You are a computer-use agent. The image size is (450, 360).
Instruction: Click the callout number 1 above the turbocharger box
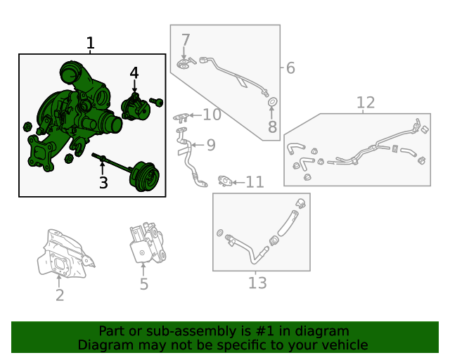(90, 43)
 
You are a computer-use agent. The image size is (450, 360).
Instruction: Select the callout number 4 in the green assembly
(134, 72)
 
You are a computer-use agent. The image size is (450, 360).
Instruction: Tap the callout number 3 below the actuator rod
(103, 183)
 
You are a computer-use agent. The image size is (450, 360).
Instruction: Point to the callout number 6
(290, 68)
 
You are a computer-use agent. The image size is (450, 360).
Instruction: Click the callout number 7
(186, 40)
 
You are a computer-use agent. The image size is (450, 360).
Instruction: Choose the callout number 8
(272, 127)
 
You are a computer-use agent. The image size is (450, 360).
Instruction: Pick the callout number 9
(211, 145)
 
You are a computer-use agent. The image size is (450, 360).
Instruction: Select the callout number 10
(212, 115)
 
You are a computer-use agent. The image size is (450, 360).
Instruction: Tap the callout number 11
(255, 182)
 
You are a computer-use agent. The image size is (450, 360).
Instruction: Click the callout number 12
(366, 103)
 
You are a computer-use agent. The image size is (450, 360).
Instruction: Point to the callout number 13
(257, 283)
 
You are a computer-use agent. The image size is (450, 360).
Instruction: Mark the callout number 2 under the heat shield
(60, 295)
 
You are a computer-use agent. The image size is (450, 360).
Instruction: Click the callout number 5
(143, 284)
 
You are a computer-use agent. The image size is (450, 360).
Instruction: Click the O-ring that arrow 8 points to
(273, 101)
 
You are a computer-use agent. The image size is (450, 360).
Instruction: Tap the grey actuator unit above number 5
(147, 243)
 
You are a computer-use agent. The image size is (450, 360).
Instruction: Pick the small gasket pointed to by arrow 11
(225, 181)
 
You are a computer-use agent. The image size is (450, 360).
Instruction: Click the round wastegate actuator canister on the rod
(144, 176)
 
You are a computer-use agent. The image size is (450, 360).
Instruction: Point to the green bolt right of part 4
(156, 102)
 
